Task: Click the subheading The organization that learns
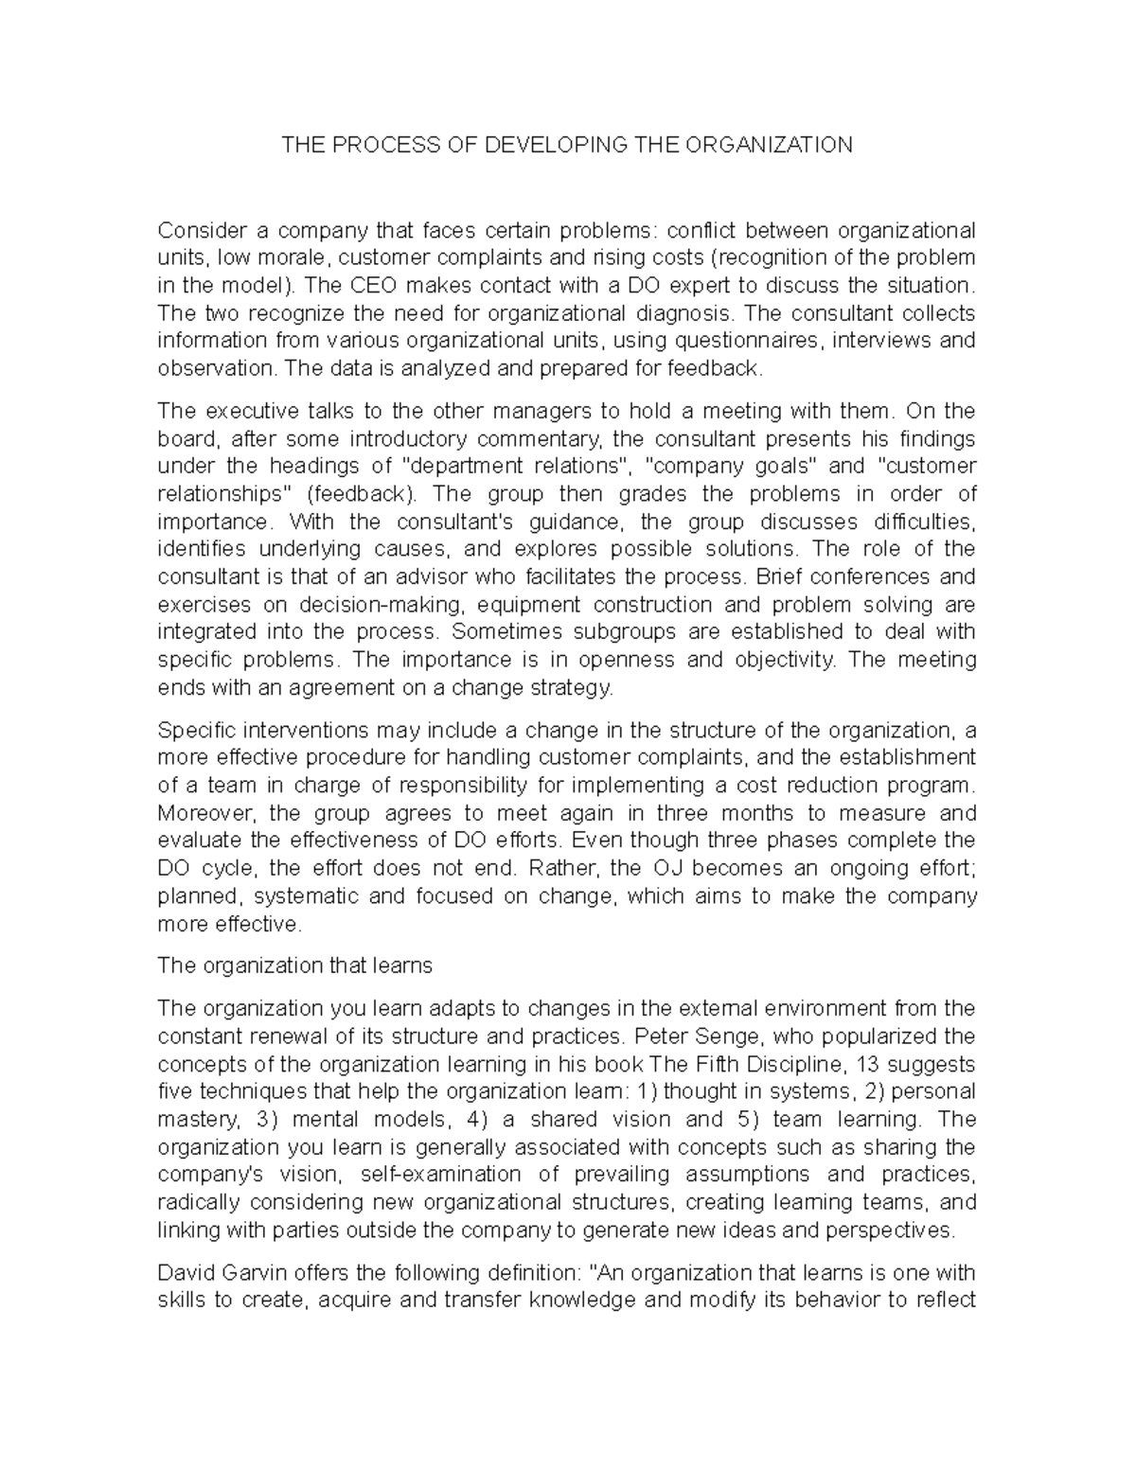294,965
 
